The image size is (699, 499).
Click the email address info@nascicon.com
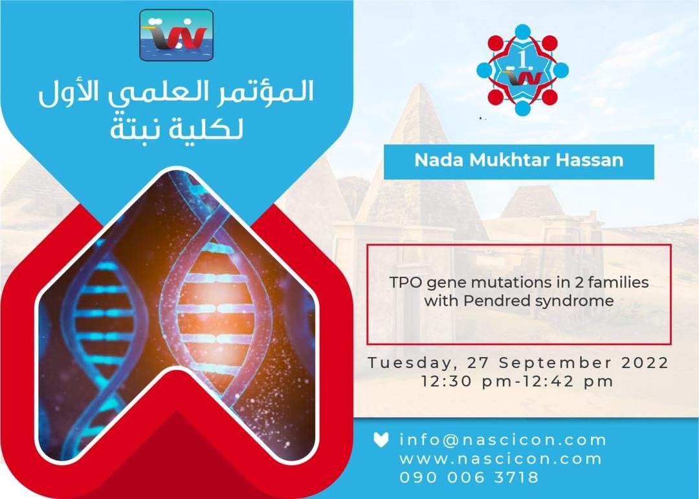point(503,440)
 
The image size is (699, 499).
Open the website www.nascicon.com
point(500,459)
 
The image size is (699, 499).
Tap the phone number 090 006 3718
point(469,477)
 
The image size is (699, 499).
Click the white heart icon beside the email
point(381,440)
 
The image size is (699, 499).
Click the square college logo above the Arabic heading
point(177,35)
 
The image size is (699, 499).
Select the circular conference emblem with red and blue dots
point(522,70)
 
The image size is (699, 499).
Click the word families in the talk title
point(621,282)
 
